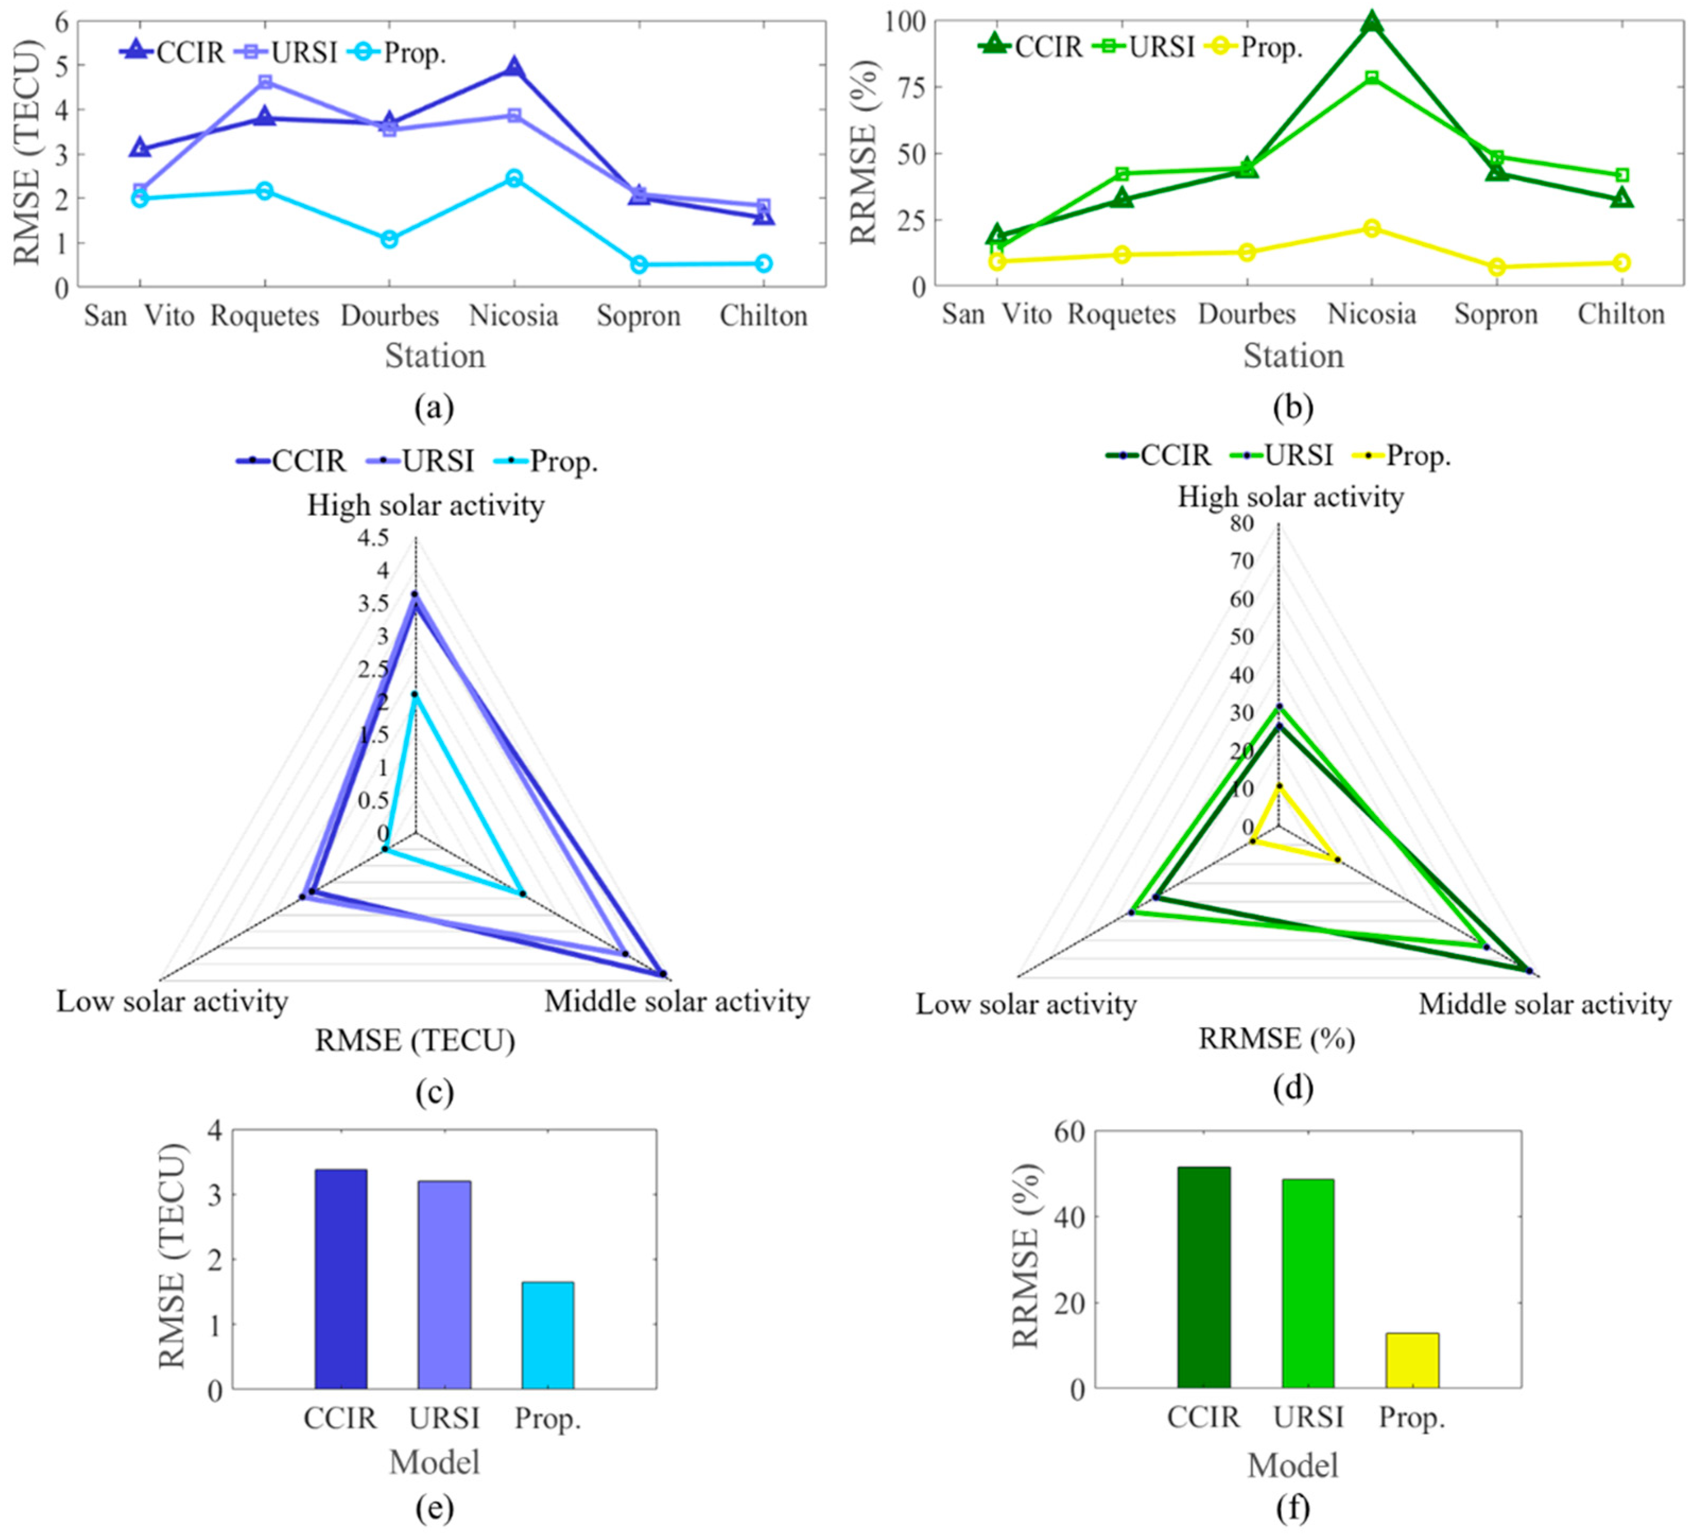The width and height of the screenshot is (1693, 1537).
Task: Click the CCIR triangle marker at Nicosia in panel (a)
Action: coord(514,68)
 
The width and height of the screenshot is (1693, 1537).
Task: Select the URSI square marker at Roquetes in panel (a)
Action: coord(265,82)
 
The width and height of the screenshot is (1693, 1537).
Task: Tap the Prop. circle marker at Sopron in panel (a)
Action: coord(639,265)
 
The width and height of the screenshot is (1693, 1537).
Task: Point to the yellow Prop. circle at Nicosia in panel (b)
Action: coord(1371,229)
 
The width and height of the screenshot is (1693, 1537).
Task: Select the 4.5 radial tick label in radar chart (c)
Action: coord(373,537)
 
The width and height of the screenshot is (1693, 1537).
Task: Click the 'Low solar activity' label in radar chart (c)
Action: coord(172,1001)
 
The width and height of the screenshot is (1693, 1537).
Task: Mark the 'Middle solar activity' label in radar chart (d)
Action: coord(1544,1004)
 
